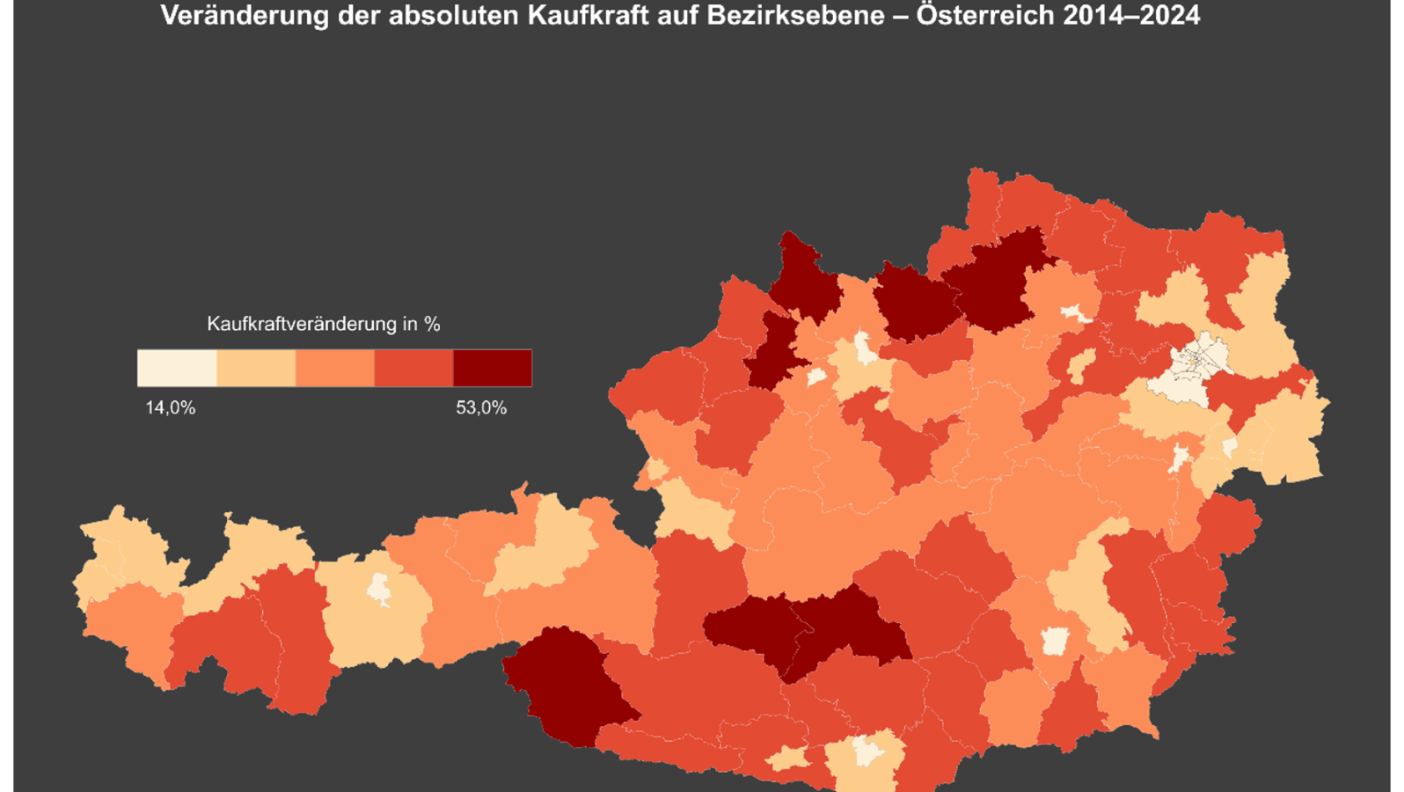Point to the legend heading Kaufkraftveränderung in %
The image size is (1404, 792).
323,324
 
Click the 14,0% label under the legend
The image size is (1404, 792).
170,407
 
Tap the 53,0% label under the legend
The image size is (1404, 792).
480,407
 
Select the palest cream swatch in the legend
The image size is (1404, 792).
177,368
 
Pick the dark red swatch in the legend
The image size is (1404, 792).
493,368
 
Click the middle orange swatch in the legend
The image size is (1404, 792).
335,368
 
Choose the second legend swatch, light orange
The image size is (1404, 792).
256,368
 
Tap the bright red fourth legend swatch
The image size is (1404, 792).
413,368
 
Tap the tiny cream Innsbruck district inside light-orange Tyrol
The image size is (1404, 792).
379,588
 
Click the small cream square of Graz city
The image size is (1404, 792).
1054,641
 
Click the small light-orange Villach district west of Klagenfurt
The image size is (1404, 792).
788,759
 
